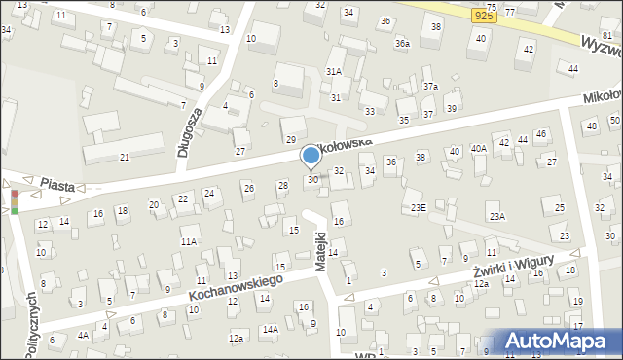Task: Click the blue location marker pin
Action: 311,156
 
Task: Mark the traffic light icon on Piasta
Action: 14,201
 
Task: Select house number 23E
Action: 417,207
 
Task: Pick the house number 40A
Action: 478,149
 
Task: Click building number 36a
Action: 401,44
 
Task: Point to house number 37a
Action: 429,87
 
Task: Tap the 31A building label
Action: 333,72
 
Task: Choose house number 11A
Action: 188,240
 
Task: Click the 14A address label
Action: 270,330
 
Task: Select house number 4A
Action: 84,336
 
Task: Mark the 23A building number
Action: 497,216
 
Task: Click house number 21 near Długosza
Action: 125,157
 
